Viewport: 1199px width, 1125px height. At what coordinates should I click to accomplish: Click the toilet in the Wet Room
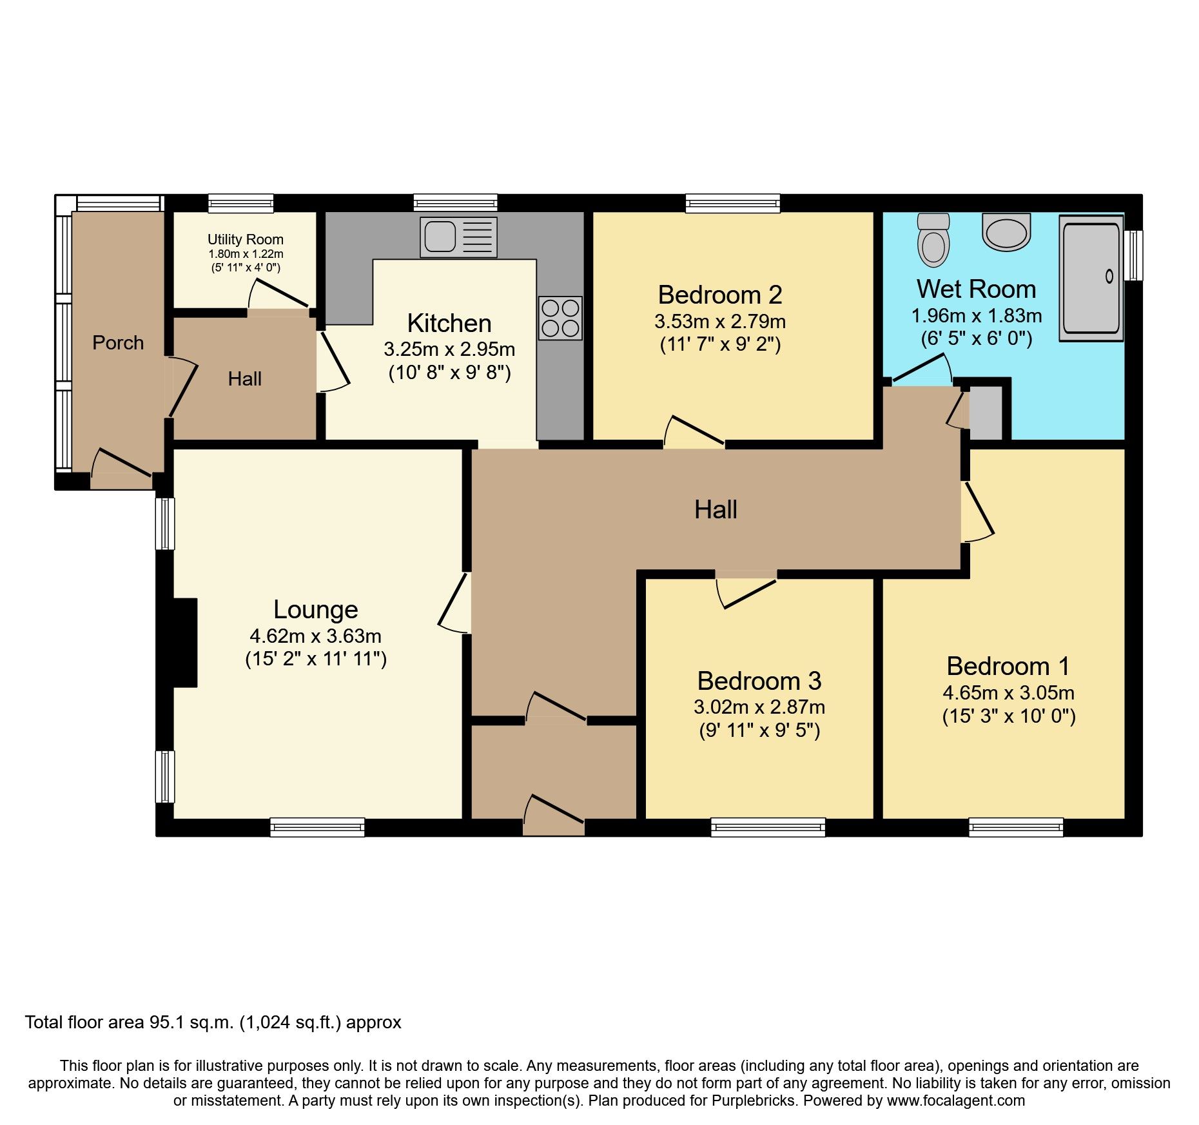tap(933, 242)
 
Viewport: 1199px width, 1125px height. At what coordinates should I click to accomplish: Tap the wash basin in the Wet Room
tap(1006, 232)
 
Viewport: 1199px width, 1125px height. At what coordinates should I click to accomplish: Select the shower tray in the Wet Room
tap(1091, 278)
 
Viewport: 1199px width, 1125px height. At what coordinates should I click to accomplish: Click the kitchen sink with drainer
tap(458, 237)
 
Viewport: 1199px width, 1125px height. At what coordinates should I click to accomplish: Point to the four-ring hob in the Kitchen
tap(560, 318)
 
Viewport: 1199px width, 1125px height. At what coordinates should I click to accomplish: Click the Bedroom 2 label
tap(720, 295)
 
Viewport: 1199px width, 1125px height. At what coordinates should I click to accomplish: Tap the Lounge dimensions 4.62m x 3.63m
tap(315, 636)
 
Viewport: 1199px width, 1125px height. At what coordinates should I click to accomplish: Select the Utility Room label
tap(245, 239)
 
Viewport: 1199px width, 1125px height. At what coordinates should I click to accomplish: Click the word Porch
tap(118, 342)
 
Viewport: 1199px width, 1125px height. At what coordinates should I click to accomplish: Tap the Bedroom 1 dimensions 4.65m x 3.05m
tap(1008, 693)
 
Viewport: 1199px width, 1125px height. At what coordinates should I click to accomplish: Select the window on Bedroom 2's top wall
tap(732, 204)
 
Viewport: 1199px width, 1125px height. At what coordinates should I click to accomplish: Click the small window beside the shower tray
tap(1133, 255)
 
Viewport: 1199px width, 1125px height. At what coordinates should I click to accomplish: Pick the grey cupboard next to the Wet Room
tap(986, 413)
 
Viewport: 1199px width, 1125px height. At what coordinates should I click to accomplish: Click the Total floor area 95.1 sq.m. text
tap(213, 1022)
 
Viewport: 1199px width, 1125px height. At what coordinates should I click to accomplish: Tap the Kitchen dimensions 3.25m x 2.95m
tap(449, 349)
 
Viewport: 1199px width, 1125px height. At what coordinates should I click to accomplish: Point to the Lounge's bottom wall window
tap(317, 827)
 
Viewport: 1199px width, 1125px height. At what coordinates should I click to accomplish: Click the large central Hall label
tap(716, 510)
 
